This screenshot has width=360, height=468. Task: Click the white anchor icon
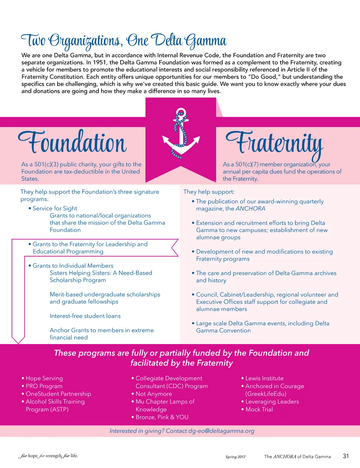(x=181, y=134)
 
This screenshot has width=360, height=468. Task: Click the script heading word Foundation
(x=73, y=142)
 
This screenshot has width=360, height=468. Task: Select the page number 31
(x=346, y=456)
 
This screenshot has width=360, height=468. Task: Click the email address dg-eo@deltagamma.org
(x=221, y=431)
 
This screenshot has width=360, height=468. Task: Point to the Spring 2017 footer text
(x=236, y=457)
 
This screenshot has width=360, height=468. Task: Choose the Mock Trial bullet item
(x=259, y=409)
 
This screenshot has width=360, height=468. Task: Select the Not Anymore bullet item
(x=154, y=394)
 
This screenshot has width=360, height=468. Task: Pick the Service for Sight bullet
(x=55, y=208)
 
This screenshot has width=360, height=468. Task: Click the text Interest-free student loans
(x=85, y=316)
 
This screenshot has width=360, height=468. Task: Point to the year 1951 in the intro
(x=100, y=63)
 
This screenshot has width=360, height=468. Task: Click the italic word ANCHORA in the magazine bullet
(x=250, y=209)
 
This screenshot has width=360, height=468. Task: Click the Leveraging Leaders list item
(x=272, y=401)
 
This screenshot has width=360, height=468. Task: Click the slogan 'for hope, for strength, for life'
(x=49, y=456)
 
